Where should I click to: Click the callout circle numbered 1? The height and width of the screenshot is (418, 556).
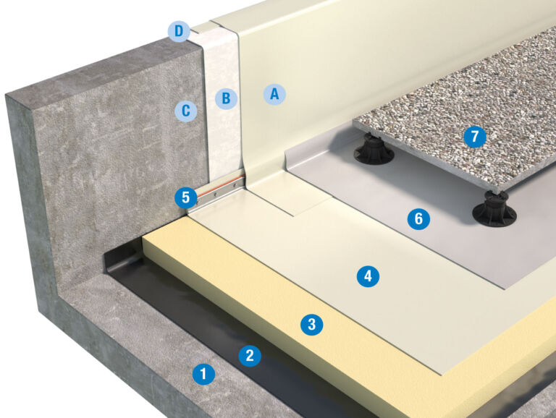pyautogui.click(x=203, y=374)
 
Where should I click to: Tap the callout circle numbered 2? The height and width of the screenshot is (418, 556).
pyautogui.click(x=250, y=354)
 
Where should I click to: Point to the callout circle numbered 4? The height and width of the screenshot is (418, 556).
pyautogui.click(x=368, y=275)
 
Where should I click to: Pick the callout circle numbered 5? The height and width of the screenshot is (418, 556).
pyautogui.click(x=186, y=197)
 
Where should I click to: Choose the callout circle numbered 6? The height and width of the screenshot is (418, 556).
pyautogui.click(x=418, y=218)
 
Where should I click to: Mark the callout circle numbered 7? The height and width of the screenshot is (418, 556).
pyautogui.click(x=475, y=136)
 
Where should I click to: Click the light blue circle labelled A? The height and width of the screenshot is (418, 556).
pyautogui.click(x=274, y=93)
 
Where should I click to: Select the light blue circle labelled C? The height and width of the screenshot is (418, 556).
pyautogui.click(x=186, y=111)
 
